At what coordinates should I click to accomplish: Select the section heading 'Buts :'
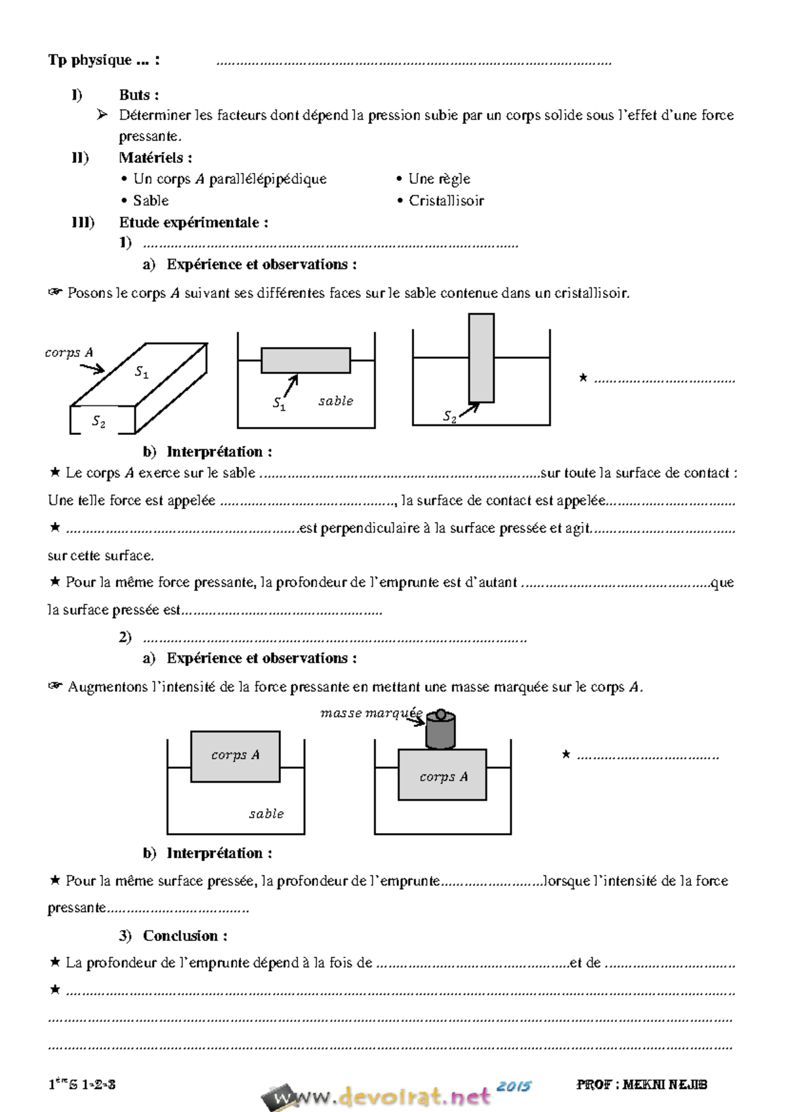click(138, 95)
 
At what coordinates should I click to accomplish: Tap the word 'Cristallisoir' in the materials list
click(446, 200)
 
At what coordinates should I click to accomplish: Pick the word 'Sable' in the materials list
click(151, 200)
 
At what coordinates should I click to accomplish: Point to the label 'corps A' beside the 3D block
click(69, 352)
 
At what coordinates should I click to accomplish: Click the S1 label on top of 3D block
click(141, 372)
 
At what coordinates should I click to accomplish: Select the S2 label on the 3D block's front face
click(98, 422)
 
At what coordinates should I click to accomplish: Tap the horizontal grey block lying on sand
click(306, 360)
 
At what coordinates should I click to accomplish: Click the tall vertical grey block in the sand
click(481, 357)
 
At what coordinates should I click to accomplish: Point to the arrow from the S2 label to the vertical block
click(469, 410)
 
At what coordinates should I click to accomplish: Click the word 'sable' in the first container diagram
click(335, 401)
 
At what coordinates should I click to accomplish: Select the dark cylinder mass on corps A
click(440, 730)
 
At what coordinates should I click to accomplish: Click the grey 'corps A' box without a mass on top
click(235, 756)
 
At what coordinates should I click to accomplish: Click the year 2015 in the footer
click(514, 1086)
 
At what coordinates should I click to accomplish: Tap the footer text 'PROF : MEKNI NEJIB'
click(641, 1084)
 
